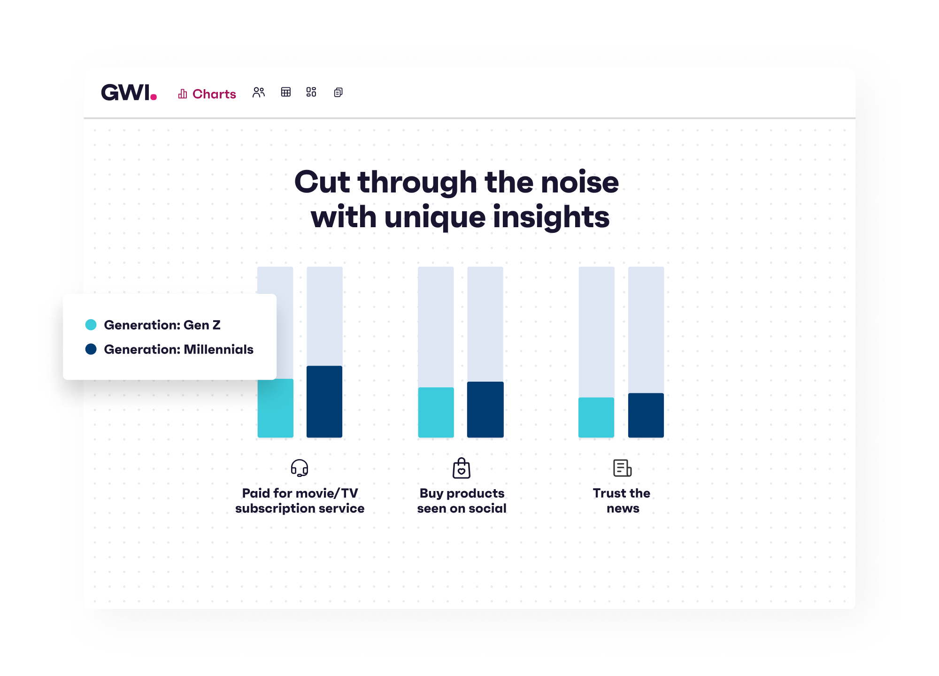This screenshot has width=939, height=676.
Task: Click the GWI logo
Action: (x=129, y=92)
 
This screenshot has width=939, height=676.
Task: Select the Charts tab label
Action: (x=214, y=94)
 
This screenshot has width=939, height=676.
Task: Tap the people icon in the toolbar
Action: (x=259, y=92)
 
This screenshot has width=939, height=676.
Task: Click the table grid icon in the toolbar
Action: (x=286, y=92)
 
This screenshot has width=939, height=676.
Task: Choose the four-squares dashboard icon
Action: (x=311, y=92)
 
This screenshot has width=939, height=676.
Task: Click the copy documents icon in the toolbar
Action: (x=339, y=92)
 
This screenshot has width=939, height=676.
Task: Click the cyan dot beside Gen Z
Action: (x=91, y=324)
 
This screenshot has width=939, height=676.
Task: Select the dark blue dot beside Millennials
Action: (x=91, y=349)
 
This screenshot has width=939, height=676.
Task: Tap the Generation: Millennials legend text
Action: (x=179, y=349)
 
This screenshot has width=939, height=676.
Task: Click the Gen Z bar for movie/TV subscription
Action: (x=276, y=408)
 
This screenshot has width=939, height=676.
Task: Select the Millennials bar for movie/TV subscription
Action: (x=324, y=402)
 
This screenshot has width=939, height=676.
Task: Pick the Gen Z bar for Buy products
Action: (x=436, y=412)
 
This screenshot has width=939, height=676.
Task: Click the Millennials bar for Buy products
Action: (x=485, y=409)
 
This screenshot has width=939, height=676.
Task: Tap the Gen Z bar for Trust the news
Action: (x=596, y=417)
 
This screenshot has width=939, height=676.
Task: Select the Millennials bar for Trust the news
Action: (x=646, y=415)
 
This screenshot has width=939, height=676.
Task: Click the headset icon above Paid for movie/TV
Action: (x=300, y=468)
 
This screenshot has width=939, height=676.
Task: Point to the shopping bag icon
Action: (x=462, y=468)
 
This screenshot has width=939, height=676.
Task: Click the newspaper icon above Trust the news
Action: (x=623, y=468)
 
